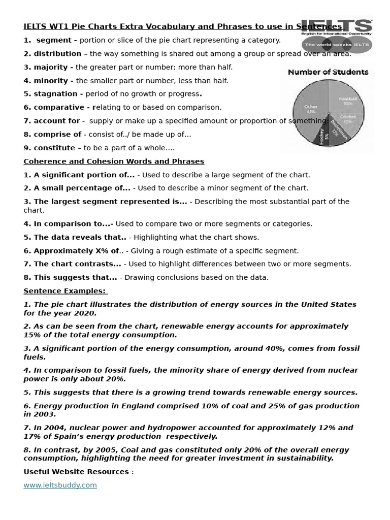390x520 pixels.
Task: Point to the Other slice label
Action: tap(311, 109)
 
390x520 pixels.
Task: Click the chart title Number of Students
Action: tap(328, 72)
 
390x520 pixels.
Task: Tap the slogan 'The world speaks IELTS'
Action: tap(336, 45)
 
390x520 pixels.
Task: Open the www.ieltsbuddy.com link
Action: tap(60, 485)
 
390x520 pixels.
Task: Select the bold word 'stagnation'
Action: tap(56, 94)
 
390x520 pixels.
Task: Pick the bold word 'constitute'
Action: tap(54, 148)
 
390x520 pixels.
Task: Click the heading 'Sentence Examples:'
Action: tap(64, 291)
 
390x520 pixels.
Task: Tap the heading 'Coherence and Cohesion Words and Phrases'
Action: tap(114, 161)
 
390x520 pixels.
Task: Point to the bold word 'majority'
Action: tap(53, 67)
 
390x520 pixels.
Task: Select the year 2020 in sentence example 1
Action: tap(85, 313)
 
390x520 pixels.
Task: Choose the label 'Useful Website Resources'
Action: tap(76, 472)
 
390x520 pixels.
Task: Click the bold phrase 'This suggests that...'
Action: tap(75, 277)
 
